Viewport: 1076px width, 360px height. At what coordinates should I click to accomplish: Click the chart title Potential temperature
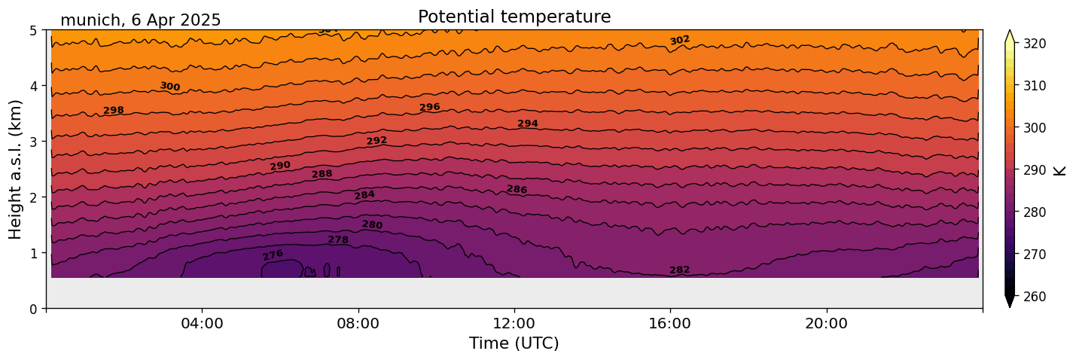(x=514, y=17)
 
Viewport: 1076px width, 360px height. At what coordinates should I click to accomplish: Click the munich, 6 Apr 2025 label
(x=141, y=20)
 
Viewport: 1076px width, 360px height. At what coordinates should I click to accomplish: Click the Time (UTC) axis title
(x=514, y=343)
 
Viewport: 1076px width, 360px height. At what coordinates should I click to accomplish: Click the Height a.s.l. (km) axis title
(x=16, y=169)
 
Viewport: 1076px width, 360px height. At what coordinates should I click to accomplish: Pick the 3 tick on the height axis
(x=34, y=142)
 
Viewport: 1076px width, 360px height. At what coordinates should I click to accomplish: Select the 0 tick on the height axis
(x=34, y=309)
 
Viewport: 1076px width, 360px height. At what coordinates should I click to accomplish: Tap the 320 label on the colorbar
(x=1034, y=44)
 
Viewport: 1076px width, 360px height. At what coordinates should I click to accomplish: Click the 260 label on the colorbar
(x=1034, y=297)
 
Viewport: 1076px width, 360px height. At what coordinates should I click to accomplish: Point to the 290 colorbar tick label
(x=1034, y=170)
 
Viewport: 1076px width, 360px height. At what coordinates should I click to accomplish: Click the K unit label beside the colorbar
(x=1060, y=170)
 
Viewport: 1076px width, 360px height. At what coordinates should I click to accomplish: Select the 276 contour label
(x=273, y=255)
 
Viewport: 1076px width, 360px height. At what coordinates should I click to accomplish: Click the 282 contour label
(x=680, y=270)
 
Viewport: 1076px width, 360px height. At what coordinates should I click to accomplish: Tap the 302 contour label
(x=680, y=40)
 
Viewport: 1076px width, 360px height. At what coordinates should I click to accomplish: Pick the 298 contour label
(x=114, y=111)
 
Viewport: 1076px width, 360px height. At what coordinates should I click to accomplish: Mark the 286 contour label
(x=517, y=189)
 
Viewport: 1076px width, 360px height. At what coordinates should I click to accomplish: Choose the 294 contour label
(x=528, y=124)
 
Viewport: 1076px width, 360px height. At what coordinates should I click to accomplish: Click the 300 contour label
(x=170, y=87)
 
